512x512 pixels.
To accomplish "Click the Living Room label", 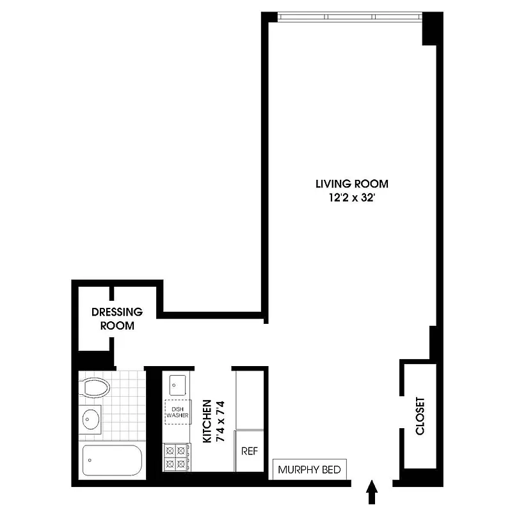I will [351, 184].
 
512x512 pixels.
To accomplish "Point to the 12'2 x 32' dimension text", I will [351, 197].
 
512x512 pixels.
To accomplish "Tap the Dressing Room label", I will [117, 319].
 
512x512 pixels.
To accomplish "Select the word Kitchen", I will [207, 422].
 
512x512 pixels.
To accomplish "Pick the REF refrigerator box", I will [249, 451].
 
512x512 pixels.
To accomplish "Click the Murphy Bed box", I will [311, 469].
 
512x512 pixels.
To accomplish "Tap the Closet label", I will [420, 416].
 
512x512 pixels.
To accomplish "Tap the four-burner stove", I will [176, 456].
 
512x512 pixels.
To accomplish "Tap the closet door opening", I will [401, 410].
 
